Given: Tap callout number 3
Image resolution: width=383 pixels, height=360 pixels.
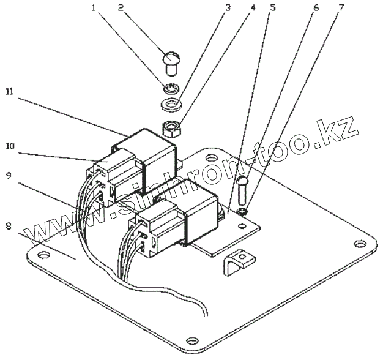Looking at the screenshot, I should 228,9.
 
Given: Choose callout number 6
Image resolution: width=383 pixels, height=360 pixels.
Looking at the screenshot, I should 316,9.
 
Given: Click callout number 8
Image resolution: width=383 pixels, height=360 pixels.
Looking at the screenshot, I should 8,225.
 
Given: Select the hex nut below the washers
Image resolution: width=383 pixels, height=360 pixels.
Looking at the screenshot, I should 171,129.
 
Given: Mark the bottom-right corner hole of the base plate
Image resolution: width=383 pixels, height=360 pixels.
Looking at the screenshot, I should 192,340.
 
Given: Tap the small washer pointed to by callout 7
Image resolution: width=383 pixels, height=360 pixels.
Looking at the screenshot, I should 244,212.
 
